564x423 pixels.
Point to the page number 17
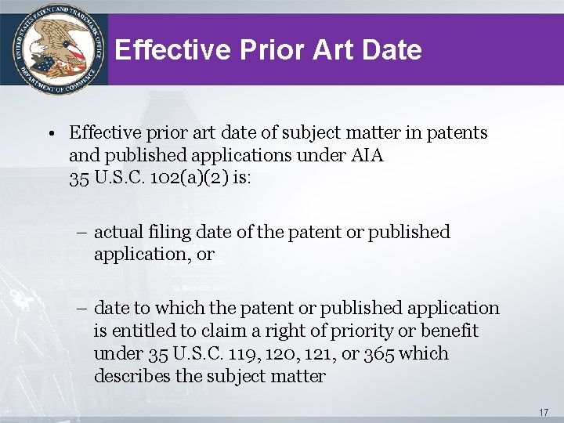coord(544,412)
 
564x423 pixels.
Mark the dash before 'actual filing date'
coord(84,233)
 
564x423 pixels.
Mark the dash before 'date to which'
coord(84,309)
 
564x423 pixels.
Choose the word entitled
coord(146,331)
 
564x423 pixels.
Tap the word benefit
coord(446,331)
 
